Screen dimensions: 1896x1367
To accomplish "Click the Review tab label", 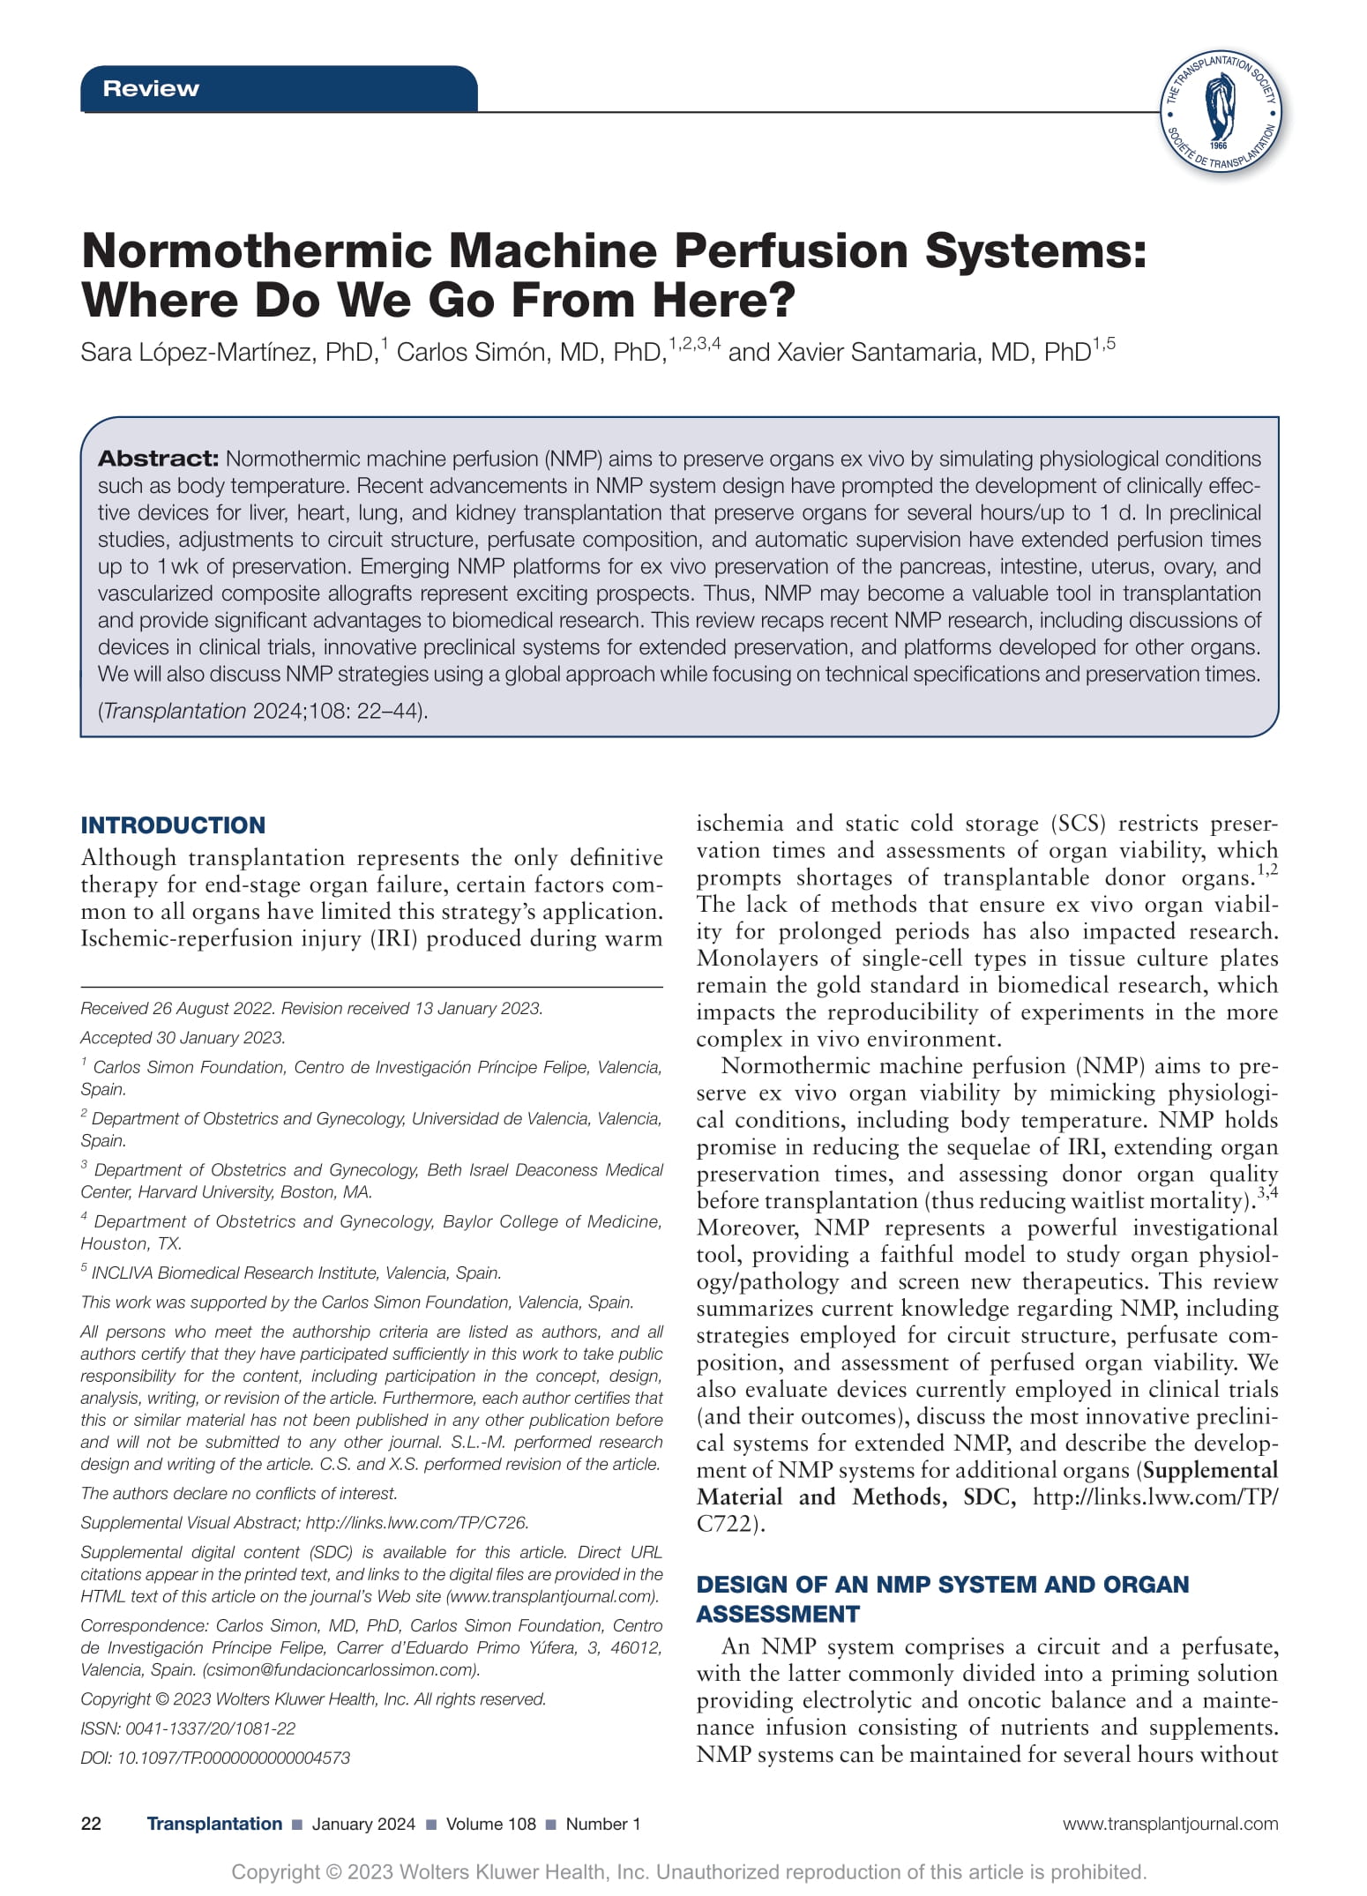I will pos(151,89).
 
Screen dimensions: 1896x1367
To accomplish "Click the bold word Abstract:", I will pos(158,459).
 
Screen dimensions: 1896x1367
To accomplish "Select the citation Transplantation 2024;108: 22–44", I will pos(263,711).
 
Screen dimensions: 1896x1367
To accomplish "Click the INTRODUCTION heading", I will pos(173,825).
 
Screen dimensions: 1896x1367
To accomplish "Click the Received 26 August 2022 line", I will pos(311,1009).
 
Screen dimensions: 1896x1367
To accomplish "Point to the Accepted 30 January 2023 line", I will pos(183,1038).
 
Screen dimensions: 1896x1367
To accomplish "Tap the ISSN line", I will pos(188,1728).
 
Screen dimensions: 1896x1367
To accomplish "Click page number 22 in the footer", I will pos(91,1825).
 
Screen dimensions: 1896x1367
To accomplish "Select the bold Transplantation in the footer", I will pos(214,1825).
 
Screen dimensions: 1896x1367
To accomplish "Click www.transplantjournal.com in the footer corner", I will pos(1169,1825).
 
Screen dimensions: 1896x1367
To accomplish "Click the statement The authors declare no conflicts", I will pos(239,1494).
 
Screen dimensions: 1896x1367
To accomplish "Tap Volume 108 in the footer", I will pos(490,1825).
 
